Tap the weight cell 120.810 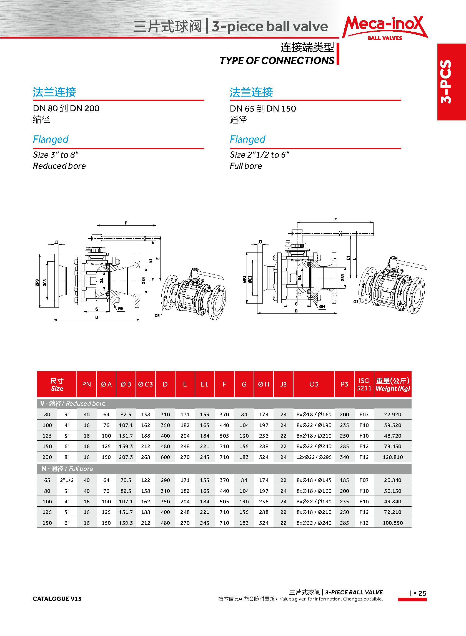tap(392, 457)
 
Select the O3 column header tap(314, 384)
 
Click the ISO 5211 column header tap(364, 384)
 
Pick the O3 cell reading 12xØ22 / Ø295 tap(314, 457)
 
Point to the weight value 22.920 tap(392, 415)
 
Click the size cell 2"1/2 tap(67, 480)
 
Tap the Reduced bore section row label tap(73, 403)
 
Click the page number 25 tap(422, 593)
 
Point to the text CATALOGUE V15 tap(57, 599)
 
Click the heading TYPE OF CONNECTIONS tap(277, 60)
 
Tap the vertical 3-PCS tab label tap(447, 82)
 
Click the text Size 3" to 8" tap(56, 155)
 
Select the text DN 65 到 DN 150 tap(263, 108)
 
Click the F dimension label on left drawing tap(126, 223)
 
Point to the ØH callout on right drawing tap(322, 307)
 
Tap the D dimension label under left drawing tap(97, 317)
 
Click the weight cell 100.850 tap(392, 523)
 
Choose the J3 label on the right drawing tap(260, 242)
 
